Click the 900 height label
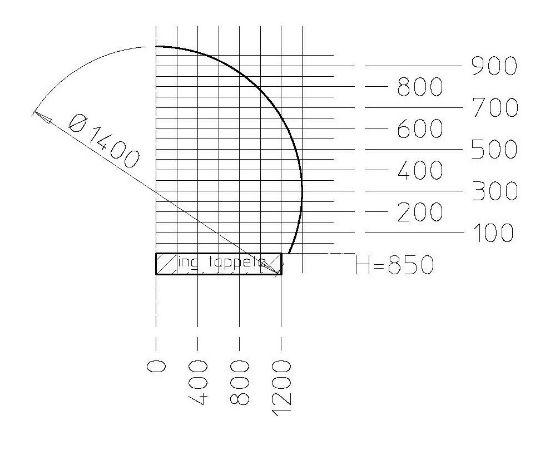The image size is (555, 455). [x=494, y=66]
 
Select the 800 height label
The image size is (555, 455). [x=420, y=87]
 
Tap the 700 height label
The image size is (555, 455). [x=495, y=108]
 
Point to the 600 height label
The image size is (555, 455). [x=420, y=128]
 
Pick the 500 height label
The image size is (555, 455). [x=494, y=149]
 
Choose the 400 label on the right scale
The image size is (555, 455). [x=420, y=170]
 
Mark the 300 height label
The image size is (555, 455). [x=495, y=191]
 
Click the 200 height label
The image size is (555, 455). [x=420, y=212]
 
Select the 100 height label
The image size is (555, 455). [x=493, y=233]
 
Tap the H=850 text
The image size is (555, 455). [x=394, y=265]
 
